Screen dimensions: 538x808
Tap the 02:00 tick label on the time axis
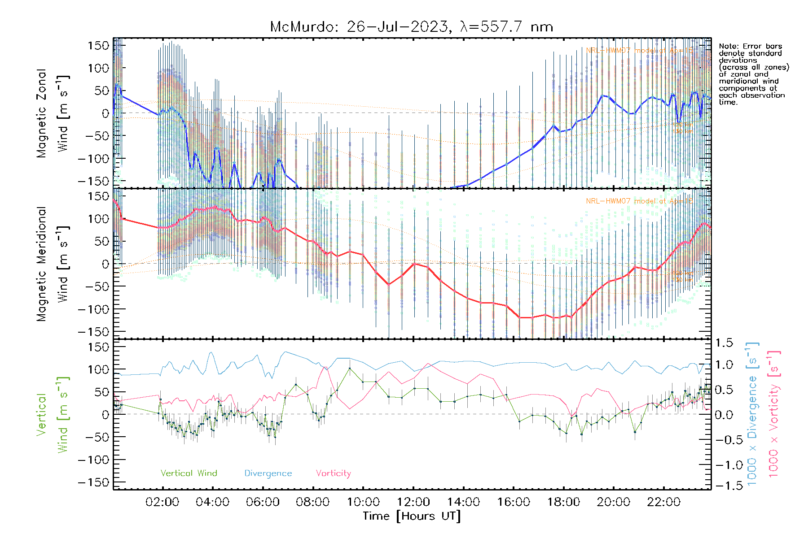[162, 502]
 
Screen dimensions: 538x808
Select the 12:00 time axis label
[413, 502]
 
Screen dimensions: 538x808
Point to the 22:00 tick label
[663, 502]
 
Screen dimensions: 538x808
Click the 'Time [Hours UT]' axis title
[412, 516]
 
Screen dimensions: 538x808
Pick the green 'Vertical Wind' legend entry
[189, 473]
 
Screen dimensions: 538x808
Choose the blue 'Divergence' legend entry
[268, 473]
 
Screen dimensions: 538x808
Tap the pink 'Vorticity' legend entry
[333, 473]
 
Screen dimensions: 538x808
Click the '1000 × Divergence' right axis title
[752, 415]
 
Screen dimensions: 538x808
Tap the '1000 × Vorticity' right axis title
[773, 415]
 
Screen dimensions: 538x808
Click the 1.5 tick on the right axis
[724, 343]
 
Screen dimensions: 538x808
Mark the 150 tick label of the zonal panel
[99, 45]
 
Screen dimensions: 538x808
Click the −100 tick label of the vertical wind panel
[93, 460]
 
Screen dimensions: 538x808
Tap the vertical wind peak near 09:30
[350, 368]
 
